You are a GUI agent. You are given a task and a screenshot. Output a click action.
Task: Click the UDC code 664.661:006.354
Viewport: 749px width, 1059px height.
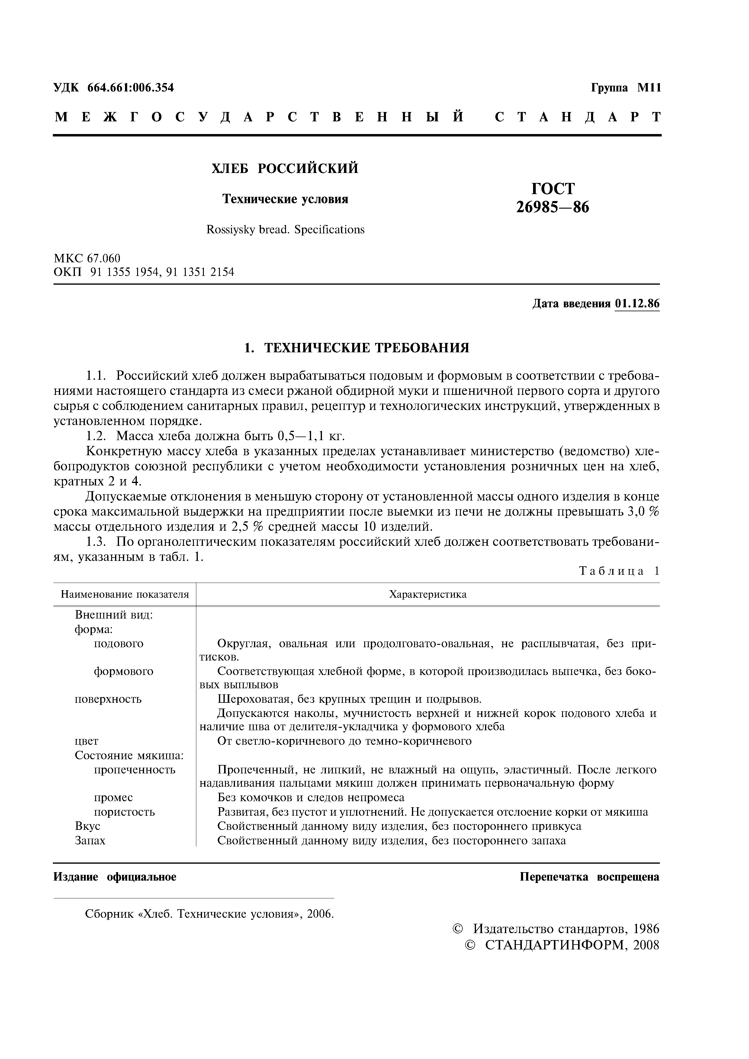130,88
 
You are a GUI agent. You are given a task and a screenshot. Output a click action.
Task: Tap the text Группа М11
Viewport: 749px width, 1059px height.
626,88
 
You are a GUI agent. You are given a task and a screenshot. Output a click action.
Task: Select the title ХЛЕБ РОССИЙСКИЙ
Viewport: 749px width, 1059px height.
285,169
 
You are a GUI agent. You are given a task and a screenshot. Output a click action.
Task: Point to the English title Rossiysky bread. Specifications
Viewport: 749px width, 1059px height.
285,230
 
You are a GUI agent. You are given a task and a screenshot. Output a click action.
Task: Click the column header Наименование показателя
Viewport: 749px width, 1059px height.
125,594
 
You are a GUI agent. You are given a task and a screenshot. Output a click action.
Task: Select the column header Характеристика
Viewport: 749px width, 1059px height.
428,594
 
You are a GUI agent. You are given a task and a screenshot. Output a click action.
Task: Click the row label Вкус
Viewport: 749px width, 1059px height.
87,826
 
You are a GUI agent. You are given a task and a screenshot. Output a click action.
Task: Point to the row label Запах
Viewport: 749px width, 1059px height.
90,840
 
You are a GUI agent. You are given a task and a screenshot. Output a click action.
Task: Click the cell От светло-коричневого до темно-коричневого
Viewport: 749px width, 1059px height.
344,741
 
